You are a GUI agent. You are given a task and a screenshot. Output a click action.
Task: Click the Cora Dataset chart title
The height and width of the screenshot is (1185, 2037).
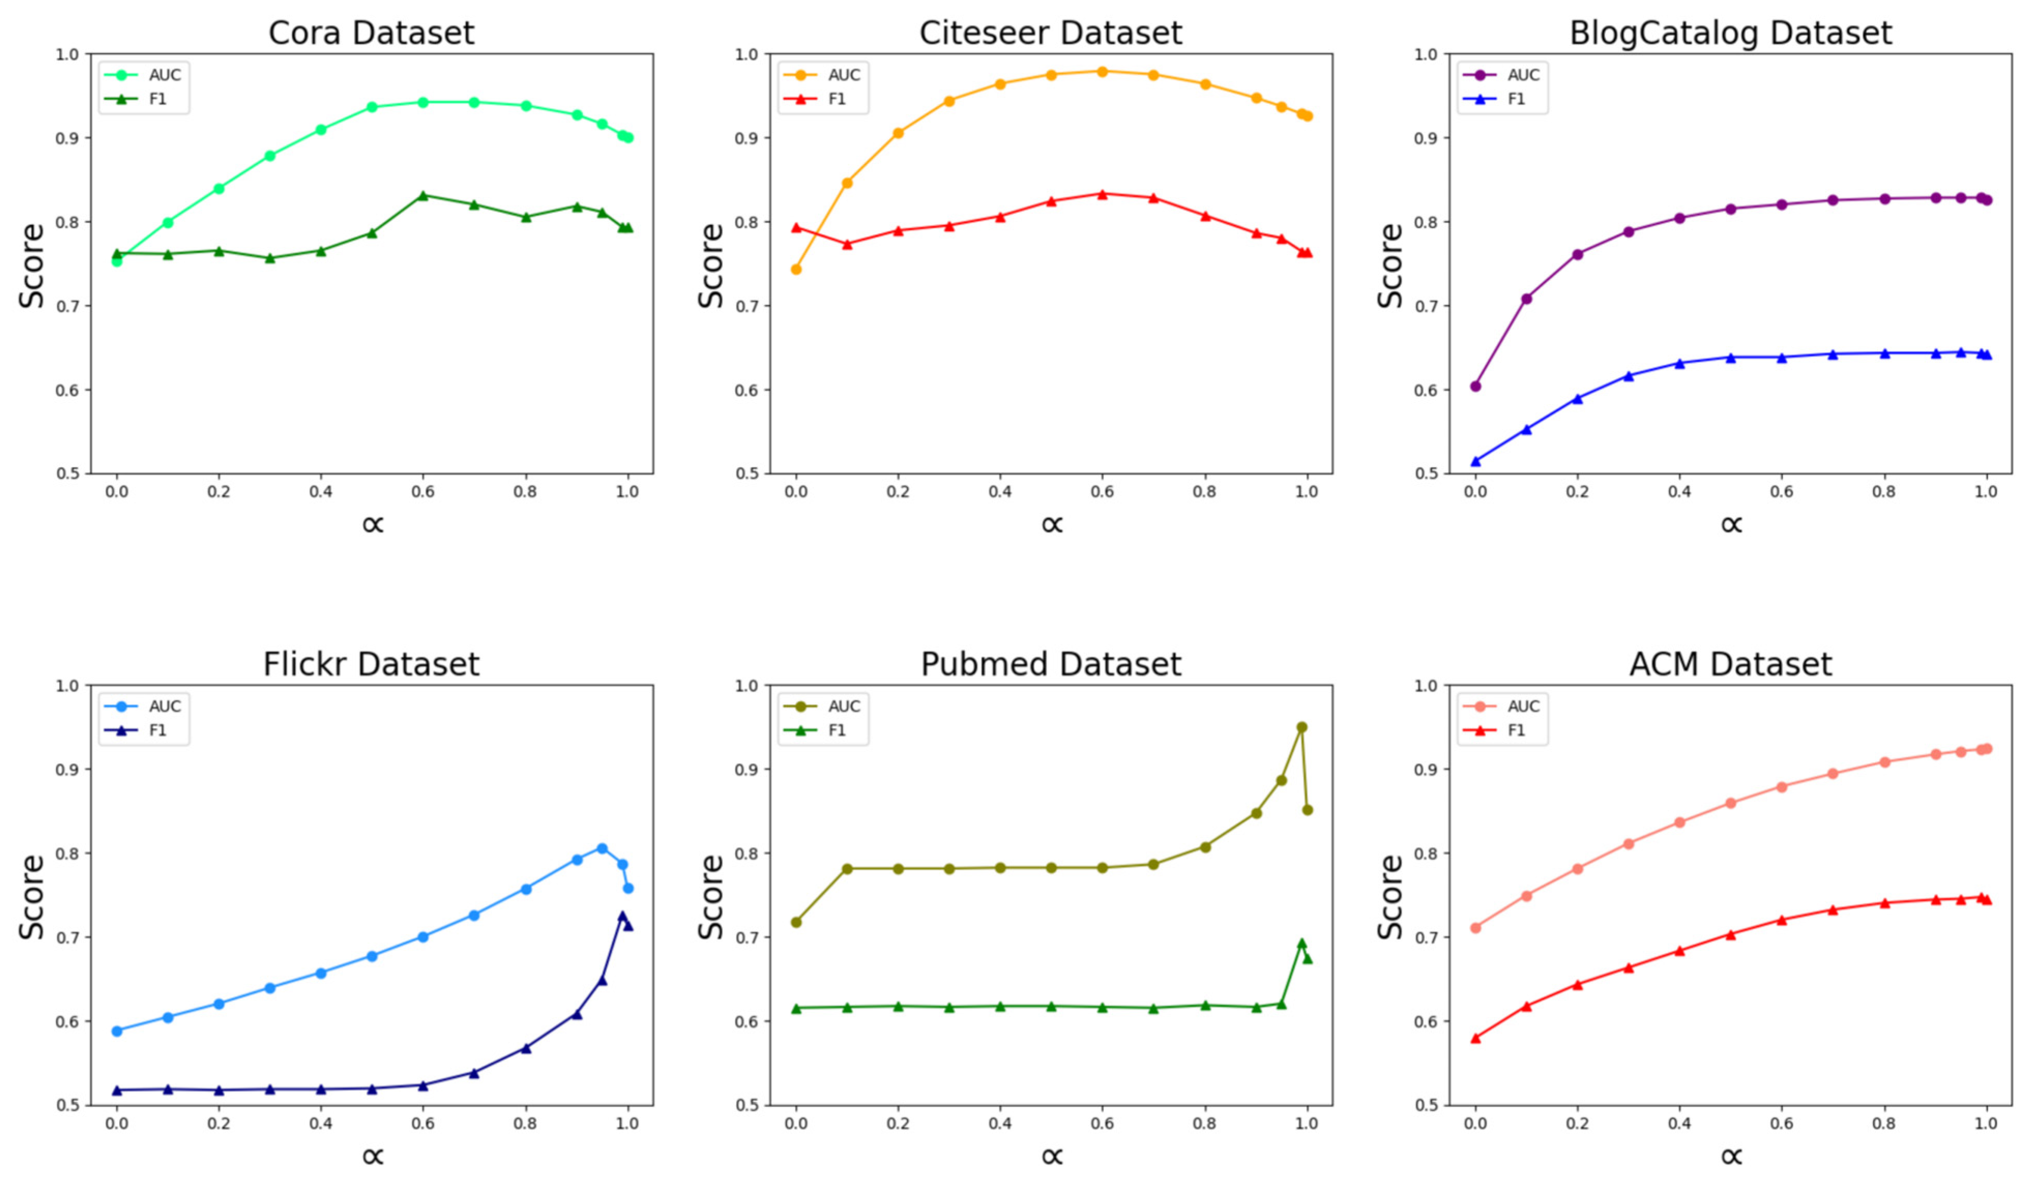tap(371, 33)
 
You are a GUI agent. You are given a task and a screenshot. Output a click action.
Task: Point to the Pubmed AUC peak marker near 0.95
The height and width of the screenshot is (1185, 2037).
tap(1302, 727)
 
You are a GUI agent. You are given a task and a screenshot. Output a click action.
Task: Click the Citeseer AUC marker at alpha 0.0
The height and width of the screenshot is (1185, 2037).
tap(796, 269)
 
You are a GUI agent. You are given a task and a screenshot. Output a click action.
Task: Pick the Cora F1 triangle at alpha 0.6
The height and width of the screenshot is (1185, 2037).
tap(423, 196)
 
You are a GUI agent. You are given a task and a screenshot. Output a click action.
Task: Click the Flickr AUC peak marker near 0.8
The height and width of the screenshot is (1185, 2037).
tap(602, 848)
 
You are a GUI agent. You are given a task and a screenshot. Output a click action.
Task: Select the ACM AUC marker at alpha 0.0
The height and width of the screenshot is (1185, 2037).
tap(1475, 927)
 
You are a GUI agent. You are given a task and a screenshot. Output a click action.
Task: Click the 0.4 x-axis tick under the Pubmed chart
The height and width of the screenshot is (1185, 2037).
tap(1000, 1123)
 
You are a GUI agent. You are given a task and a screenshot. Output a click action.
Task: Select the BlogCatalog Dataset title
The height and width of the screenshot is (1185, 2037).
tap(1730, 33)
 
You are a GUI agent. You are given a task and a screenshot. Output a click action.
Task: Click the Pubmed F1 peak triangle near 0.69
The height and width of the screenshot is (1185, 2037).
tap(1302, 943)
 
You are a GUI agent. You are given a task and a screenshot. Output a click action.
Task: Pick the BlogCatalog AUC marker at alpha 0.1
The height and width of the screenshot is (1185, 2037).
tap(1526, 298)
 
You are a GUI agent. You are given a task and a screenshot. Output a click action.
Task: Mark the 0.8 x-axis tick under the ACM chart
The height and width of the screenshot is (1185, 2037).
tap(1884, 1123)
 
